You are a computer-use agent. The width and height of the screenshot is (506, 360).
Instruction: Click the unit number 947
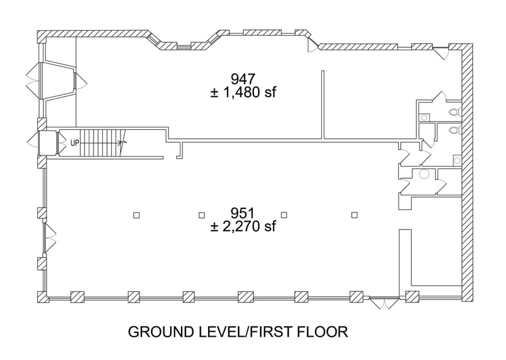coord(243,78)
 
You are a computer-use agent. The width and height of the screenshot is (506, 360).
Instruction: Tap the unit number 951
coord(243,213)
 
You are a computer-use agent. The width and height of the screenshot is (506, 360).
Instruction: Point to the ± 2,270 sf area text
coord(243,227)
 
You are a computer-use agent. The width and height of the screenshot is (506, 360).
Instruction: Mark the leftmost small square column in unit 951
coord(136,214)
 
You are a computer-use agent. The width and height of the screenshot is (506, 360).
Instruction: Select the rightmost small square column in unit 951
coord(354,214)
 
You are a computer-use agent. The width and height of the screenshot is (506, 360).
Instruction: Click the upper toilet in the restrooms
coord(453,112)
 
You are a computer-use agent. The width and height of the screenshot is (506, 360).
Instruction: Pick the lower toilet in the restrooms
coord(453,130)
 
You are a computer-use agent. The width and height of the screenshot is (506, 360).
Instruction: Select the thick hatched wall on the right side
coord(466,171)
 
